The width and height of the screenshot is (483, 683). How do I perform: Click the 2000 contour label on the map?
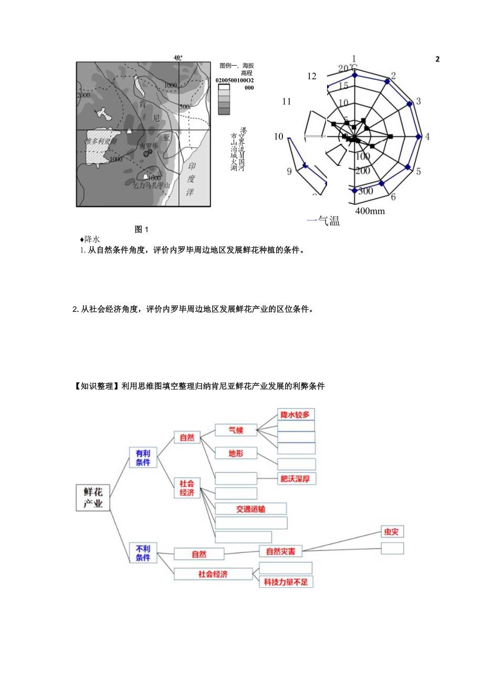83,96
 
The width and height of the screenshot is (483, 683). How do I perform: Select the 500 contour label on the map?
184,107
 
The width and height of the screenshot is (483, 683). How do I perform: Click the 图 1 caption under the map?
142,229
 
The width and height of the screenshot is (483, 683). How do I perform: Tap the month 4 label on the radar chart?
427,136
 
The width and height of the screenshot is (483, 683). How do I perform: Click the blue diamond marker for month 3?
410,105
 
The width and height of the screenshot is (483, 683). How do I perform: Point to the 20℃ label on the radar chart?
348,69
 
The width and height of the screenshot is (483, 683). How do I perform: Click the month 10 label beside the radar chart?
278,136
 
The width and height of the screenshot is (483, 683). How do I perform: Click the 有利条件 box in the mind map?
143,457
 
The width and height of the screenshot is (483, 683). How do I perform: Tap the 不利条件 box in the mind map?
143,553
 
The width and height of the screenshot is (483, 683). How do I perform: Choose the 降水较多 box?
296,414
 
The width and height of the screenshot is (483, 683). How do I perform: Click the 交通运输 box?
250,509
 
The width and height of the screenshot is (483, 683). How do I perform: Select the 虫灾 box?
392,532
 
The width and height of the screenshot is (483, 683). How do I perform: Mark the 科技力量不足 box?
286,582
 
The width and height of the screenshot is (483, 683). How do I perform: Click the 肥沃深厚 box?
297,478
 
